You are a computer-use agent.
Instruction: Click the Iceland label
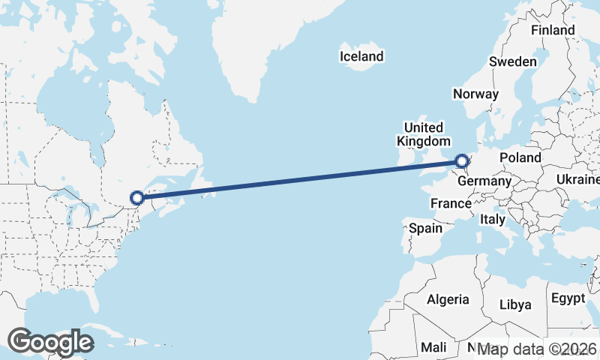tap(361, 56)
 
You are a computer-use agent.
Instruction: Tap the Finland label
tap(553, 31)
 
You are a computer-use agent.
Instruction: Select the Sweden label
tap(513, 61)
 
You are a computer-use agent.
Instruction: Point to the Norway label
tap(475, 94)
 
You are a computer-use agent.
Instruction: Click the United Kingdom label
tap(424, 134)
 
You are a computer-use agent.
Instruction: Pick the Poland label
tap(520, 157)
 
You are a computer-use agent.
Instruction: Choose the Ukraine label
tap(577, 180)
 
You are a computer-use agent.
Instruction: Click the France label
tap(451, 203)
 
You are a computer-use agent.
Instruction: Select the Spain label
tap(424, 228)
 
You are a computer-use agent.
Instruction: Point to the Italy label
tap(493, 219)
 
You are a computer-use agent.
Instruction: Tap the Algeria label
tap(448, 299)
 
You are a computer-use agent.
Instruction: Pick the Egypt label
tap(568, 298)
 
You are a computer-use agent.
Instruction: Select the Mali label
tap(433, 347)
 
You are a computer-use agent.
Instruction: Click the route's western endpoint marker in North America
tap(137, 198)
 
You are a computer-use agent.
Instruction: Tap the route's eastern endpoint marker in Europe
tap(462, 160)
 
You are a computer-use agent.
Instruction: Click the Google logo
tap(50, 342)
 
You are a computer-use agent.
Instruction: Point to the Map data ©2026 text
tap(538, 349)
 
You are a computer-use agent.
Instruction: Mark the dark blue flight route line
tap(300, 179)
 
